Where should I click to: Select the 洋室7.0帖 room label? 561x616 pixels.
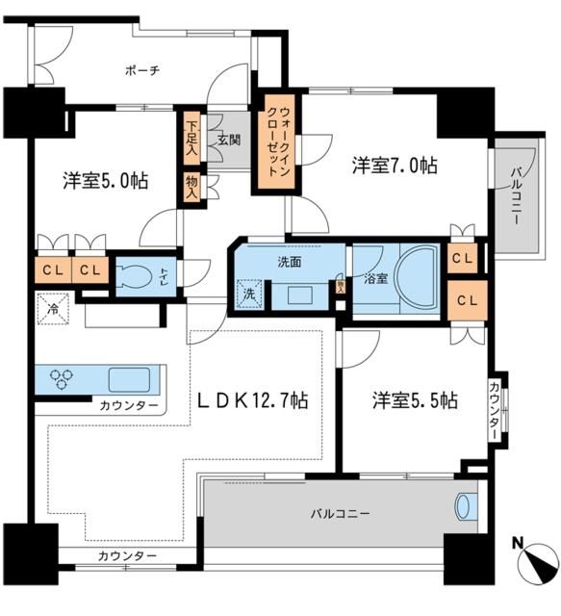point(394,166)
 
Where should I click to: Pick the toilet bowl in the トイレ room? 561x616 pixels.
point(134,274)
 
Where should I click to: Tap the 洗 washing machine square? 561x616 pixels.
point(248,295)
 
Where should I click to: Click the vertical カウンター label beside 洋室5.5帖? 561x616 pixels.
point(494,411)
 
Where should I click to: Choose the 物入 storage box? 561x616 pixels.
point(191,187)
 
